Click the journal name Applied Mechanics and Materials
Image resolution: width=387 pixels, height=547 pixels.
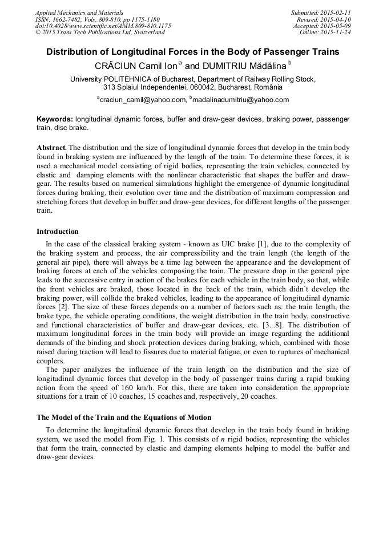pyautogui.click(x=79, y=13)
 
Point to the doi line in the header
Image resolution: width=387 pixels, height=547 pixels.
pyautogui.click(x=103, y=26)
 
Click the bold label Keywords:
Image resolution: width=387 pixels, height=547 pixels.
pyautogui.click(x=55, y=119)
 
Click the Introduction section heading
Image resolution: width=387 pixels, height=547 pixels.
pyautogui.click(x=57, y=232)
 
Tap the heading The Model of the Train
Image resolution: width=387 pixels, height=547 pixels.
pyautogui.click(x=123, y=417)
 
